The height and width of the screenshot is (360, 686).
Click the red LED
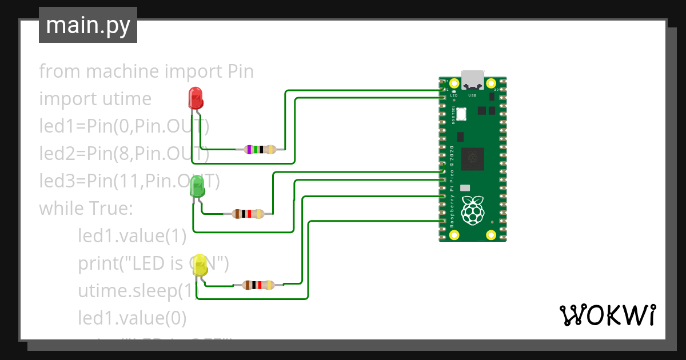point(196,98)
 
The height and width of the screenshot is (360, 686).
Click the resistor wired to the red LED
point(260,150)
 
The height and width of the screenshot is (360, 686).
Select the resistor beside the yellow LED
point(258,285)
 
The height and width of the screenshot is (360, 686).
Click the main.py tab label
point(88,25)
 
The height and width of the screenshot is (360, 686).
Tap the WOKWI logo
point(607,315)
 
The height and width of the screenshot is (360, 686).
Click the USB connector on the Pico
point(473,79)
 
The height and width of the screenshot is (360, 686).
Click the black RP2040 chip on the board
point(473,158)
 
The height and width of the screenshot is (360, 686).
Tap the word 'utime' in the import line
point(124,99)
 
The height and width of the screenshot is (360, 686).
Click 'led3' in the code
point(54,181)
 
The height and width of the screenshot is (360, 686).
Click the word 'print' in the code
point(99,263)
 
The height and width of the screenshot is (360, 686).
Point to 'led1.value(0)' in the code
point(132,317)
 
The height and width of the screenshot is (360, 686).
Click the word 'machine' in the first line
point(122,72)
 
